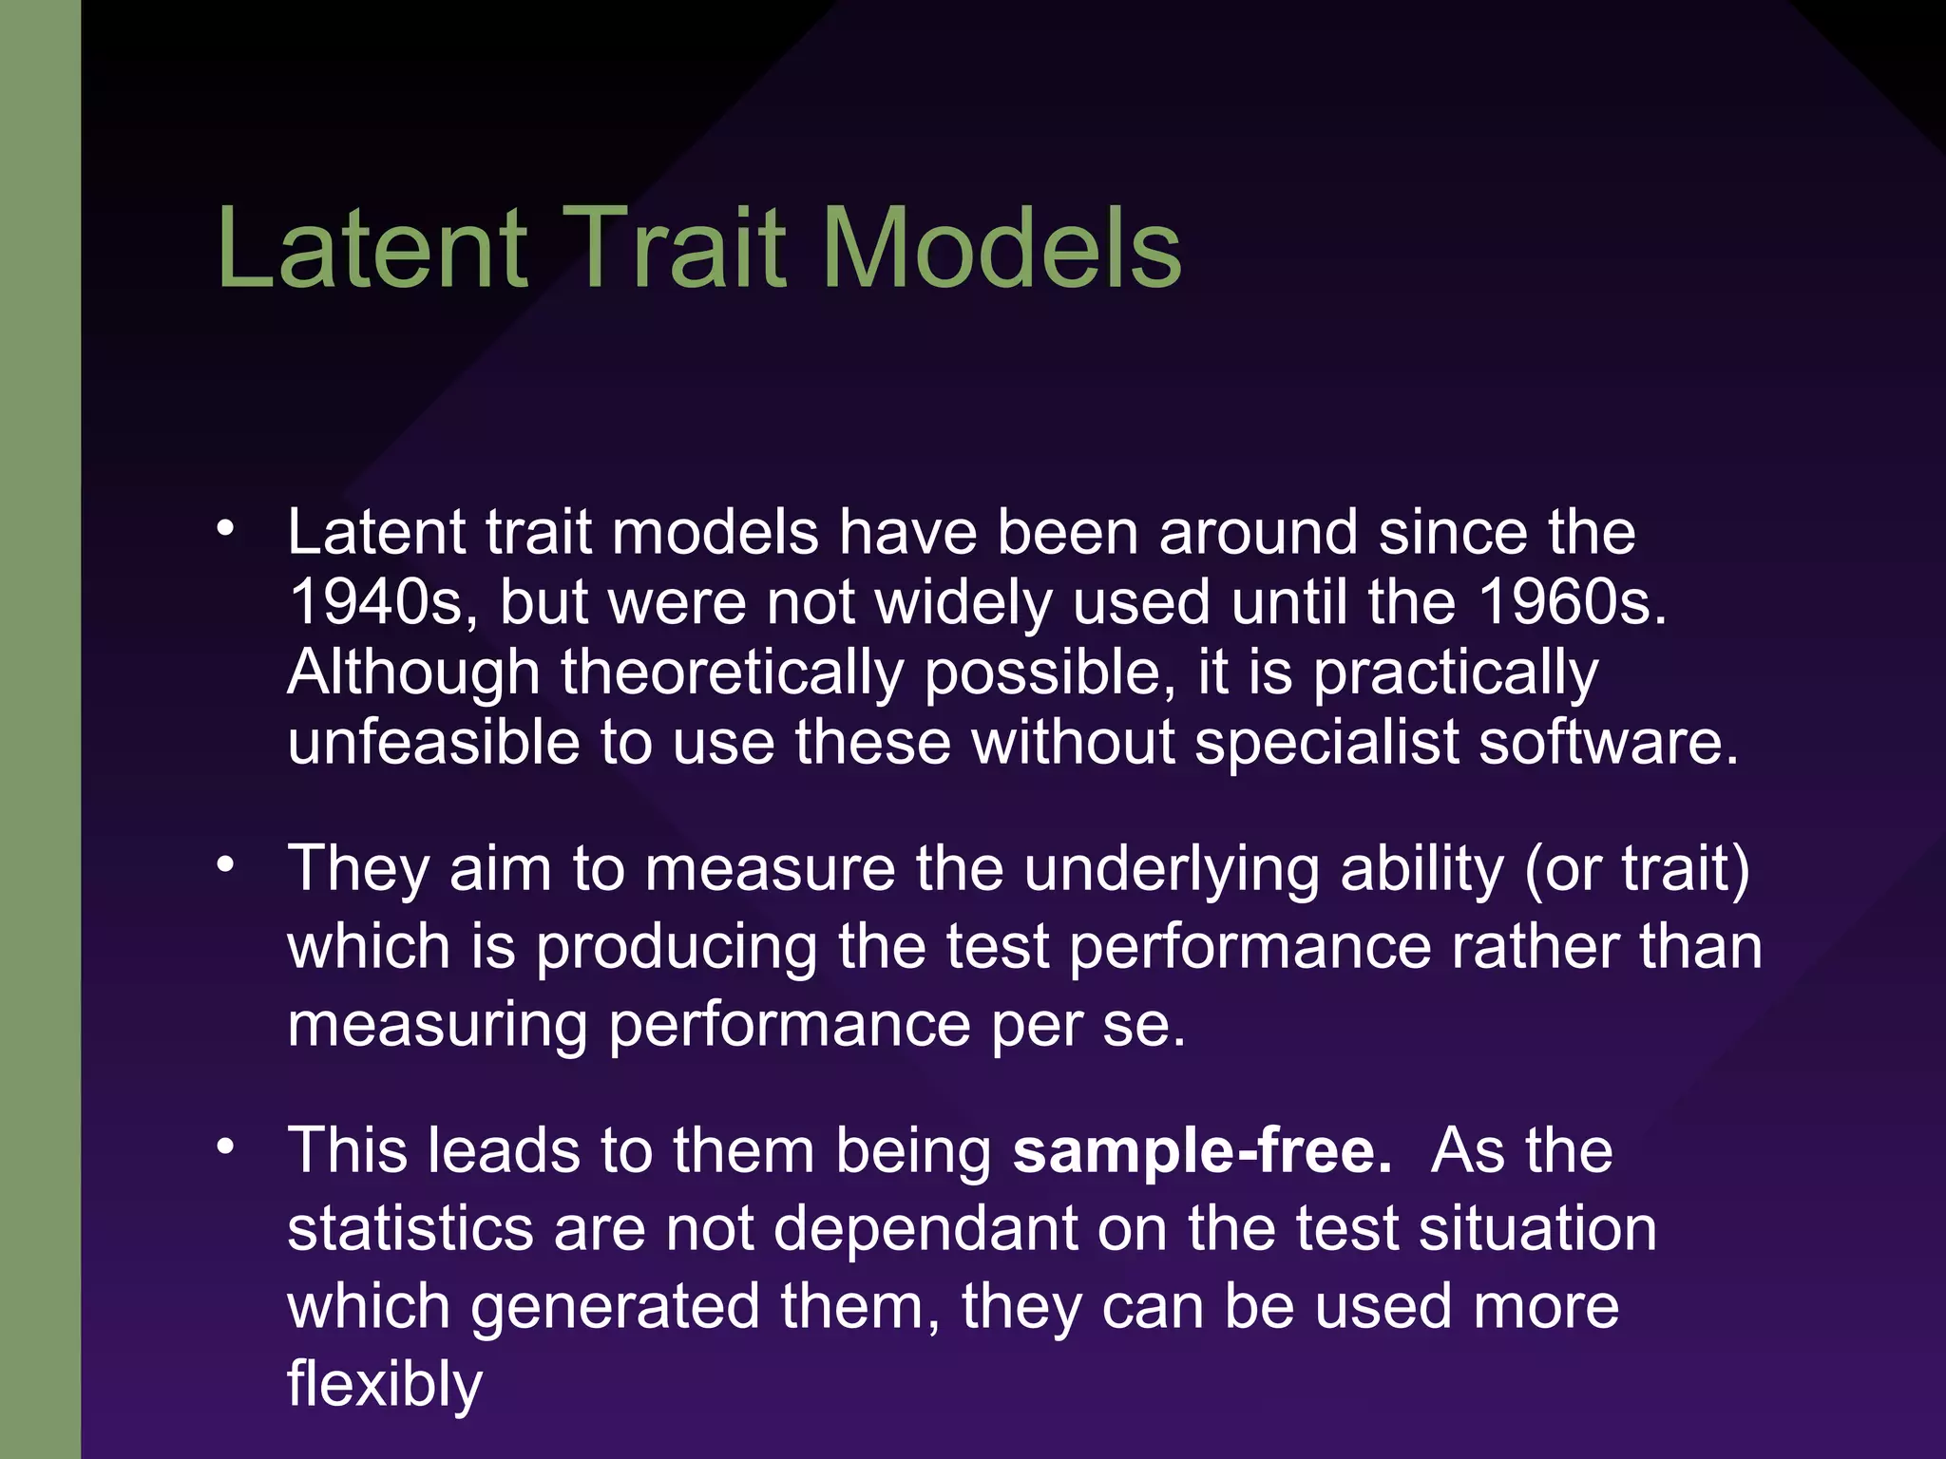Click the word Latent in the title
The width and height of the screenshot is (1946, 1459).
[372, 249]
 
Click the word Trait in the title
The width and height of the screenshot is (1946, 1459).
[677, 249]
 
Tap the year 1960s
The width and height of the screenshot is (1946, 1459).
[1573, 602]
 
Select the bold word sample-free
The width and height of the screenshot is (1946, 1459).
[1202, 1151]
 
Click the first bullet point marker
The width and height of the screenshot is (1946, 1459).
[225, 528]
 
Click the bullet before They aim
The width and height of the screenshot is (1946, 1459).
[225, 865]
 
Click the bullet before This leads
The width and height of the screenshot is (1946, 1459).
[225, 1147]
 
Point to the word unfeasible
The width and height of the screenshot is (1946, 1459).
[433, 742]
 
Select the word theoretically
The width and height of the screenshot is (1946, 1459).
[732, 673]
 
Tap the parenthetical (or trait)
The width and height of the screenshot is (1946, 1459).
[1637, 870]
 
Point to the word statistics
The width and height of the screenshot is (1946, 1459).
[410, 1229]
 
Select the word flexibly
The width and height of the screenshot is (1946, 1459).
[385, 1385]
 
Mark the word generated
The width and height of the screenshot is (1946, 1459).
[615, 1307]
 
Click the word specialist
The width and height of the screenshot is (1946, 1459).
[1326, 742]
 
